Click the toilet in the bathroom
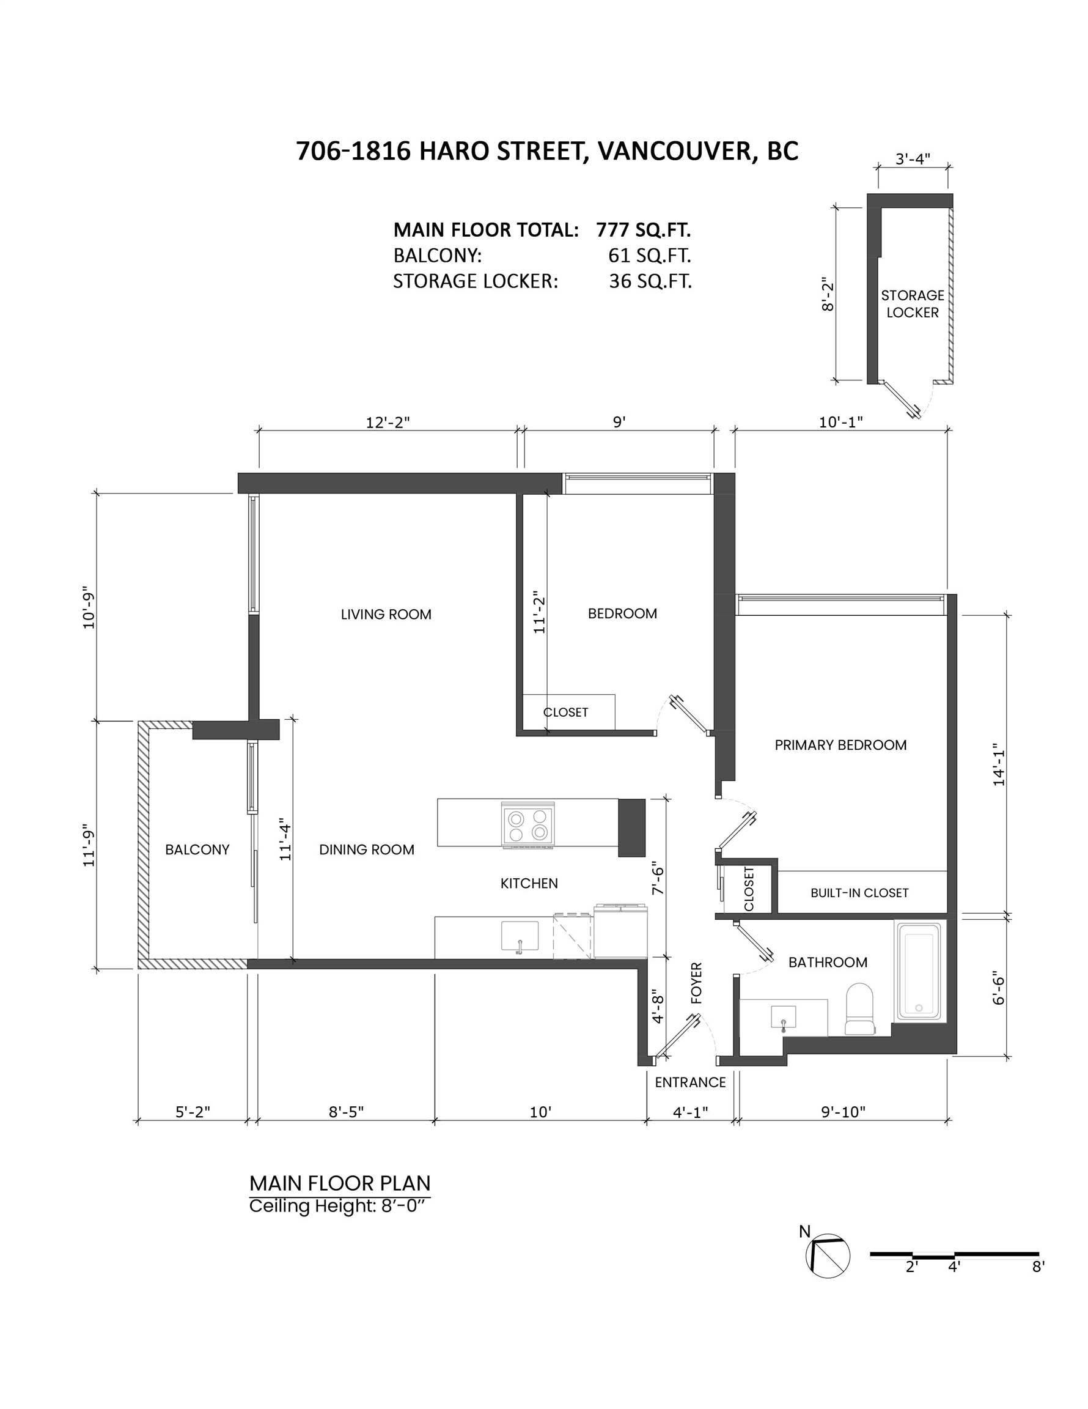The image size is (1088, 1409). [859, 1010]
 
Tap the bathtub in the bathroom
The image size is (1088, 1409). [917, 971]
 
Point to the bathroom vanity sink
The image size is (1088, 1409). [784, 1017]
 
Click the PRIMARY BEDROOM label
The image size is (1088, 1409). [840, 745]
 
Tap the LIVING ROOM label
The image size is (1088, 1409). [386, 614]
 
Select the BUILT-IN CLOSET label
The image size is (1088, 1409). [859, 893]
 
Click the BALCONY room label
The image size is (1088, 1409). [197, 849]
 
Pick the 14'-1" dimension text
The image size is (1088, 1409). [999, 767]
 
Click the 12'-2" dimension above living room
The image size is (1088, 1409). [388, 422]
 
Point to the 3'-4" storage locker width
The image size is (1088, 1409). [913, 159]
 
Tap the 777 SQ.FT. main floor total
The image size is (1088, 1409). [643, 230]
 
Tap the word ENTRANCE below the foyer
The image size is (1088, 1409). [690, 1082]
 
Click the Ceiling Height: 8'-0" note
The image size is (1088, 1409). [339, 1206]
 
